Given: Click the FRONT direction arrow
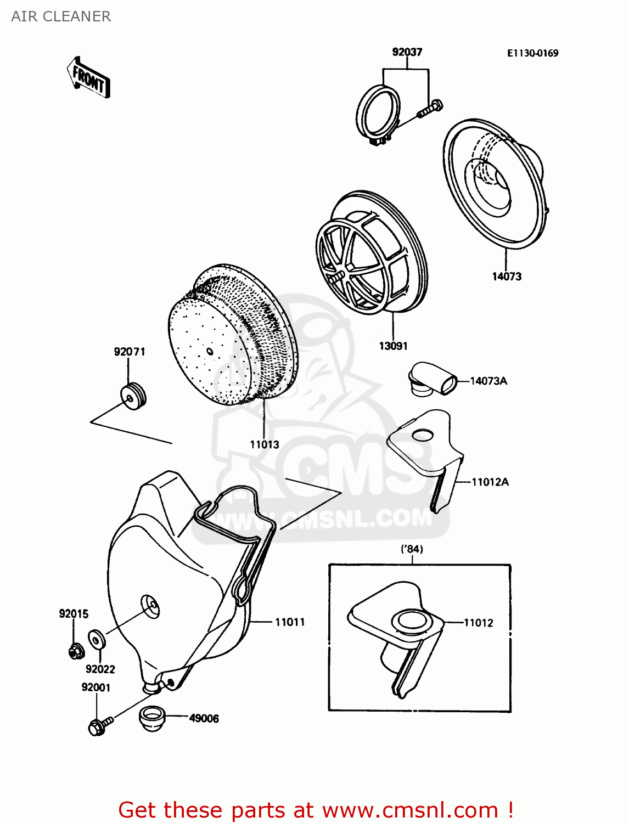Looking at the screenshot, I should (x=88, y=78).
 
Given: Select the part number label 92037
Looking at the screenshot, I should (x=407, y=52).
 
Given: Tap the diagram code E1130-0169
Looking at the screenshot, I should (x=532, y=53).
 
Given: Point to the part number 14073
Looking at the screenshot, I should (x=506, y=277).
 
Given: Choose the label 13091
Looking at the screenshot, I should (x=393, y=346).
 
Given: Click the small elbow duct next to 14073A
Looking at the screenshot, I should (x=433, y=379).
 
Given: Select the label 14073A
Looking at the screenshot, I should (x=488, y=381).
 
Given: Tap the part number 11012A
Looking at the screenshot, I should (x=490, y=482).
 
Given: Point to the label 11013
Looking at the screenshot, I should (x=264, y=445).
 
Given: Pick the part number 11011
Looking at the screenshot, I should (x=289, y=622).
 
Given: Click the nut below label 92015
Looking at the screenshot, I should (x=75, y=651).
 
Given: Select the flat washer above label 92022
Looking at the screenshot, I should (x=97, y=640).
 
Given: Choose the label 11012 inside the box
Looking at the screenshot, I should (x=478, y=623).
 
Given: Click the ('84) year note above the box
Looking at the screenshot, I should (x=412, y=549).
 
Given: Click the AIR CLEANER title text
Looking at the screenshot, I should (x=61, y=16).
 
